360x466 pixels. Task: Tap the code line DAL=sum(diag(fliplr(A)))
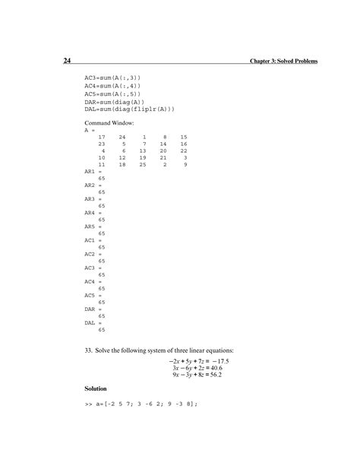(129, 109)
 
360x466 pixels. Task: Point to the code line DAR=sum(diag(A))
(113, 101)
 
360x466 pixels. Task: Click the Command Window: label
(109, 122)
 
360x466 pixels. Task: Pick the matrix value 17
(102, 136)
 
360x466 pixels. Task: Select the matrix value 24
(122, 136)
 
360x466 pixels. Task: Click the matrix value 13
(142, 151)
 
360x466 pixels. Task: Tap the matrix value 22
(183, 151)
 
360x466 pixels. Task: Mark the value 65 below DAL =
(102, 330)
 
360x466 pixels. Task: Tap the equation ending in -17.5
(201, 361)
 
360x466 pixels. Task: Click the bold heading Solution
(96, 388)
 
